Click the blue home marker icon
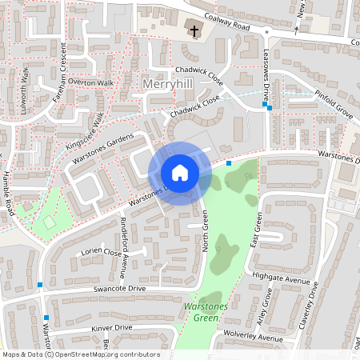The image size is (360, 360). (180, 173)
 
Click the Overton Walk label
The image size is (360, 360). (91, 82)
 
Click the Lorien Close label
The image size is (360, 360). (101, 253)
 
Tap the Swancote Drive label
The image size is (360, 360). (119, 287)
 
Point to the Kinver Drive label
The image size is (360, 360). (111, 327)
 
